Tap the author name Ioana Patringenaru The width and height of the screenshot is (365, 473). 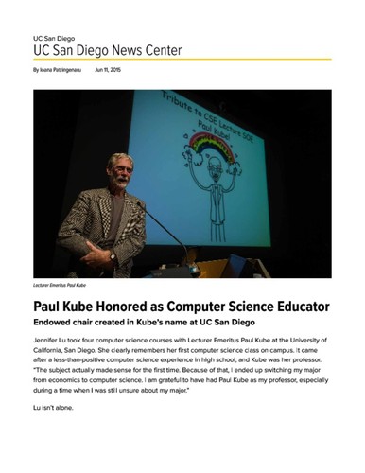point(56,70)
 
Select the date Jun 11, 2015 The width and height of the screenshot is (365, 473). point(108,70)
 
